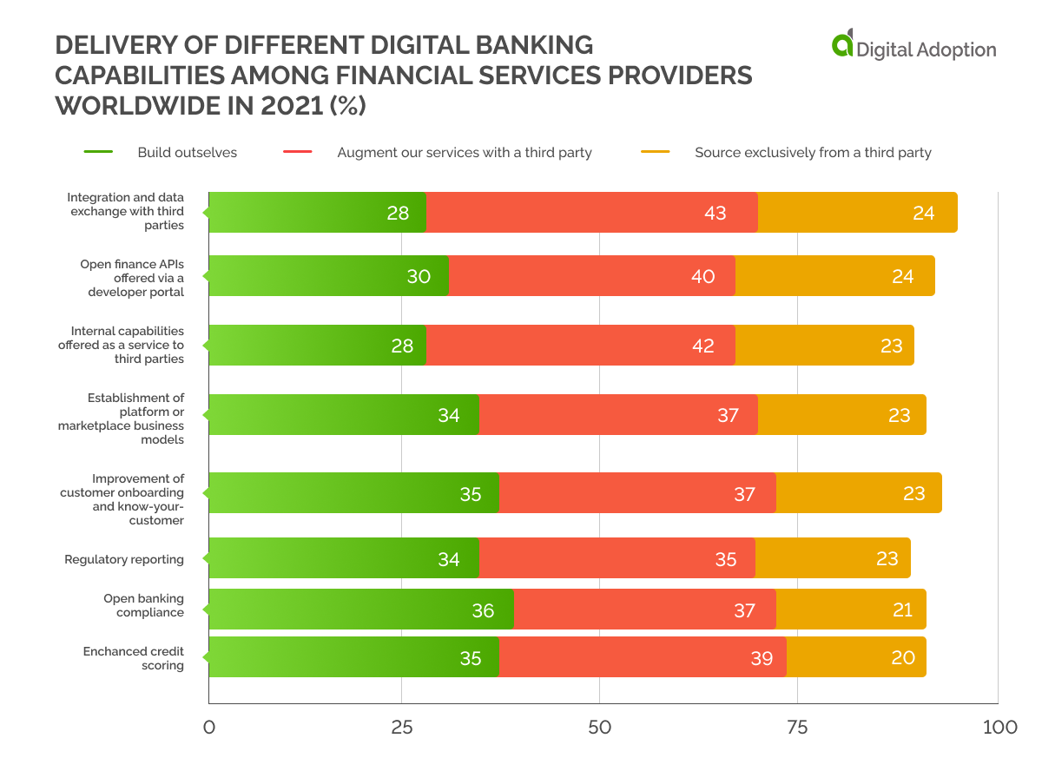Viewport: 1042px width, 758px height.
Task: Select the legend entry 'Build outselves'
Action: (187, 153)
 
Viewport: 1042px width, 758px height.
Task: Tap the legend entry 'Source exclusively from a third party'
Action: (812, 153)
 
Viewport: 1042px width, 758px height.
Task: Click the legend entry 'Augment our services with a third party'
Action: (464, 153)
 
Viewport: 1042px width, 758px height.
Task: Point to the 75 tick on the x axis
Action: (797, 727)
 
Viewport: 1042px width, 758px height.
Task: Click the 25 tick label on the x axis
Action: (401, 727)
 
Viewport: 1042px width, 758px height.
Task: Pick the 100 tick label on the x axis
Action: (999, 727)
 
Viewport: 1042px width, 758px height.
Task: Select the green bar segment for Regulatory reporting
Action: (343, 558)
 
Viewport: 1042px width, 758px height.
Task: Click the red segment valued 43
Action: (591, 213)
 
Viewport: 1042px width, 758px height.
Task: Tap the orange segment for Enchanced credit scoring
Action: (855, 657)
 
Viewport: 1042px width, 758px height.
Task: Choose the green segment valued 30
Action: (328, 276)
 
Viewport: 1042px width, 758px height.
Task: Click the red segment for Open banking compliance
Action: (644, 610)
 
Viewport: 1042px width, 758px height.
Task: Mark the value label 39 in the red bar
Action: (762, 658)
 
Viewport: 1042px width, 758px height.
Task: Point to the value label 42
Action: (702, 346)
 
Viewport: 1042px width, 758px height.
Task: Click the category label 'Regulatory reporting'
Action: (124, 559)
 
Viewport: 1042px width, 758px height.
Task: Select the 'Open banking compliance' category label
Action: (143, 605)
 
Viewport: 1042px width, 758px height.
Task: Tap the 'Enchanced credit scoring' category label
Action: (133, 658)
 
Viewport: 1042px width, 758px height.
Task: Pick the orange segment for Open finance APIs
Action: (834, 276)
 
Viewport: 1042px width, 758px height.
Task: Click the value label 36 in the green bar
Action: (483, 610)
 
